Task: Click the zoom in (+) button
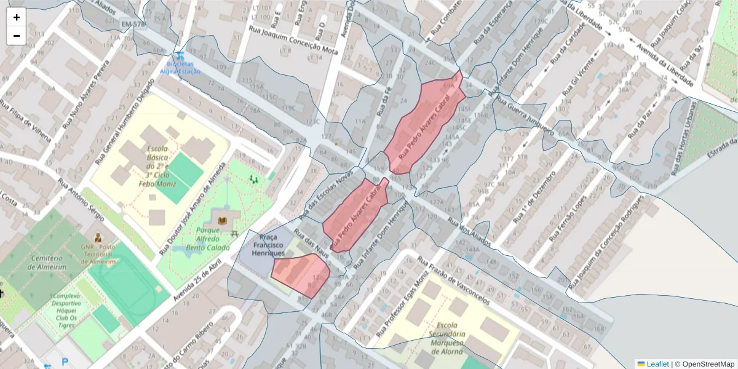pos(17,17)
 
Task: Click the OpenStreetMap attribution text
pos(707,364)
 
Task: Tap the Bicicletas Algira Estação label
pos(180,67)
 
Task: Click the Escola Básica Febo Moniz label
pos(161,166)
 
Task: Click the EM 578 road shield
pos(133,24)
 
